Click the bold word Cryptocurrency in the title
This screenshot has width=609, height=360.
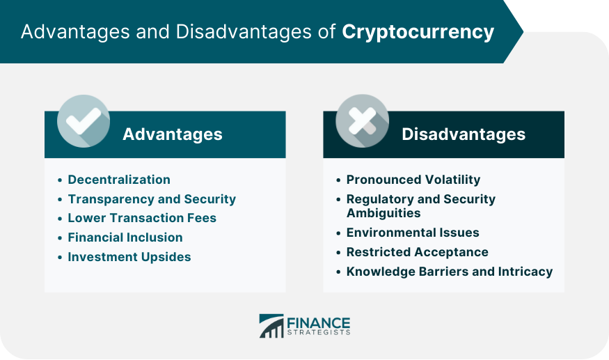click(418, 32)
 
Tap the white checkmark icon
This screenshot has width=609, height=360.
click(83, 121)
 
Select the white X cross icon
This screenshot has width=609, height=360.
click(362, 121)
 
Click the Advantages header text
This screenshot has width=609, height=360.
click(173, 134)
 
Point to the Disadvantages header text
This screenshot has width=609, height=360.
click(464, 134)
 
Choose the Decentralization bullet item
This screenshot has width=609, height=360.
click(119, 180)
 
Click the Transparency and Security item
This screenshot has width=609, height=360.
click(152, 199)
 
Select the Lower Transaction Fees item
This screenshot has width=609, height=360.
click(142, 218)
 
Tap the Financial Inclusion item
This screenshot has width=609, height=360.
click(125, 237)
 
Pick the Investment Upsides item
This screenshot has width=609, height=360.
click(129, 257)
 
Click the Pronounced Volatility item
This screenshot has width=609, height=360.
click(413, 180)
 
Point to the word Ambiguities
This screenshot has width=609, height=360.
click(383, 213)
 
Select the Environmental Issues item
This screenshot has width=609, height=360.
click(413, 233)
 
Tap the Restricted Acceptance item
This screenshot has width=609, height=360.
click(418, 252)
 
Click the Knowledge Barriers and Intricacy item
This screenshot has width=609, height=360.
click(450, 272)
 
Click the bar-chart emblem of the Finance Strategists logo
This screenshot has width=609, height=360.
click(271, 326)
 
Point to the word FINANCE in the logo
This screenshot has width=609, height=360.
click(319, 323)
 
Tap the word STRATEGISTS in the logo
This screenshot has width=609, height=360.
click(319, 332)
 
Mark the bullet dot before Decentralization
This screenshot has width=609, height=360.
click(60, 180)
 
